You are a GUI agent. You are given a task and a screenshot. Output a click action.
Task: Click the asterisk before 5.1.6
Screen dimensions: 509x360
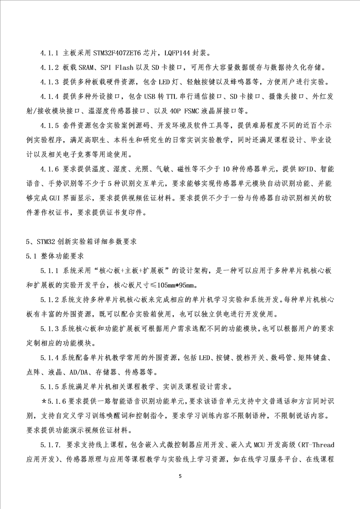tap(43, 402)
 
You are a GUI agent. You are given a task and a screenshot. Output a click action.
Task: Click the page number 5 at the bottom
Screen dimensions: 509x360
tap(180, 476)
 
